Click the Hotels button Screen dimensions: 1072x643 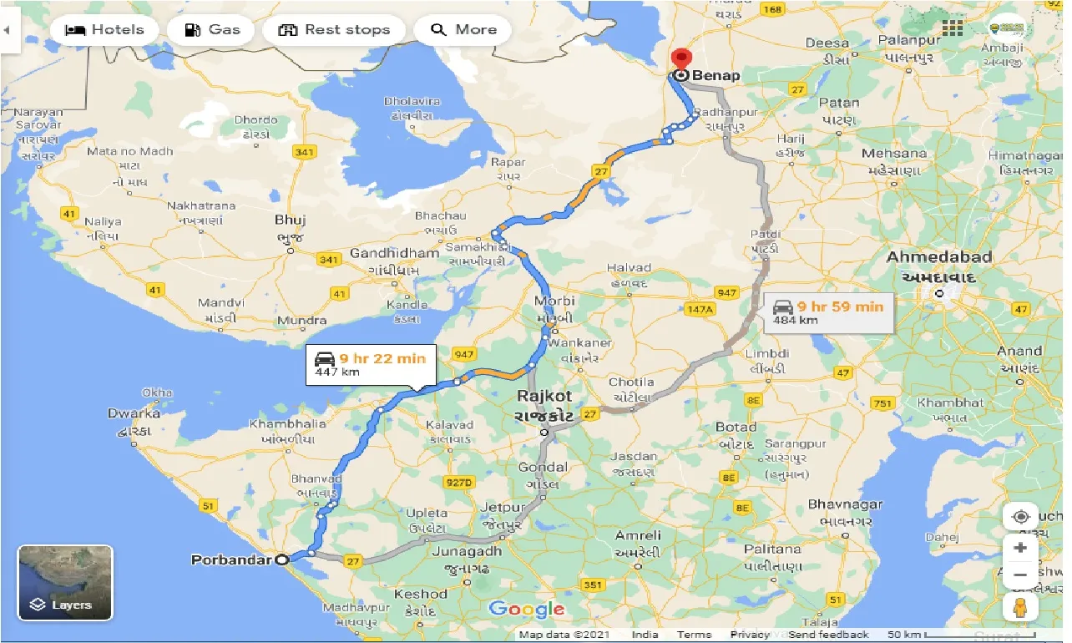[x=104, y=30]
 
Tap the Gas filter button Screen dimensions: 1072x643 [x=212, y=30]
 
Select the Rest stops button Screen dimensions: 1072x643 [x=334, y=30]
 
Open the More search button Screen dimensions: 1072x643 [x=464, y=30]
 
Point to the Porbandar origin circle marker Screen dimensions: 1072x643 [x=282, y=559]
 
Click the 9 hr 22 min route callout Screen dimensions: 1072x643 [x=370, y=364]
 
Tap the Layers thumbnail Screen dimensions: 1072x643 [x=65, y=583]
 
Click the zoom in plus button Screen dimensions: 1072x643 [x=1020, y=549]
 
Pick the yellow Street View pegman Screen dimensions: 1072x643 [x=1020, y=608]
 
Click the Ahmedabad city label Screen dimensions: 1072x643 [x=939, y=256]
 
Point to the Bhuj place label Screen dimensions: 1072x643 [x=291, y=220]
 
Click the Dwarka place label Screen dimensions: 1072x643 [x=134, y=413]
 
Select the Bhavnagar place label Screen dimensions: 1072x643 [x=846, y=504]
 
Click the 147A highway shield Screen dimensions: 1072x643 [x=700, y=309]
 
